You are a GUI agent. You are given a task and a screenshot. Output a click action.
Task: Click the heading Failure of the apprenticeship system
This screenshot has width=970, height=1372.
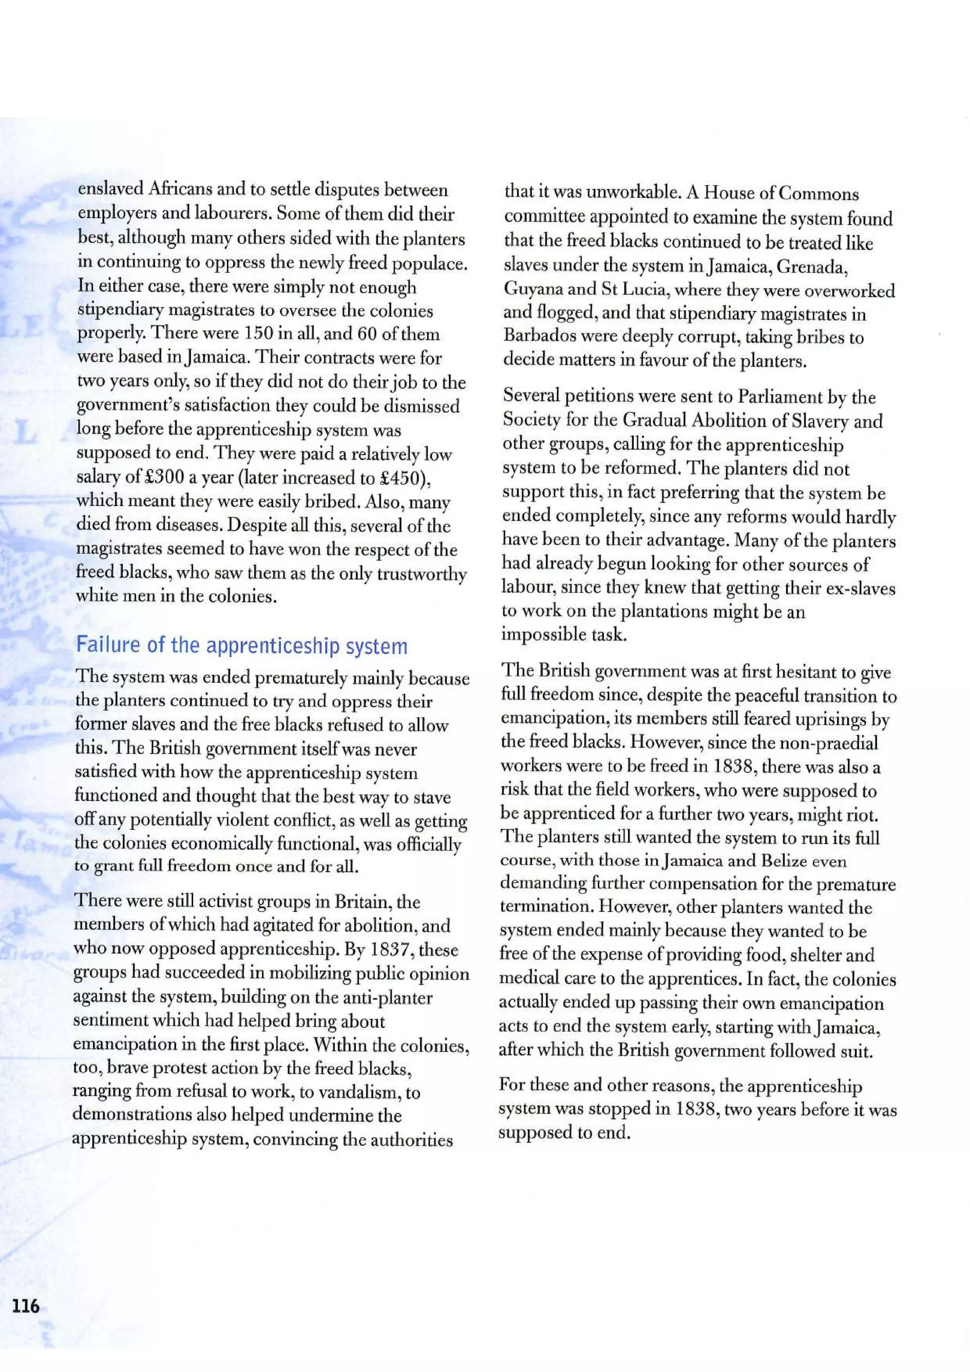[x=242, y=646]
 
